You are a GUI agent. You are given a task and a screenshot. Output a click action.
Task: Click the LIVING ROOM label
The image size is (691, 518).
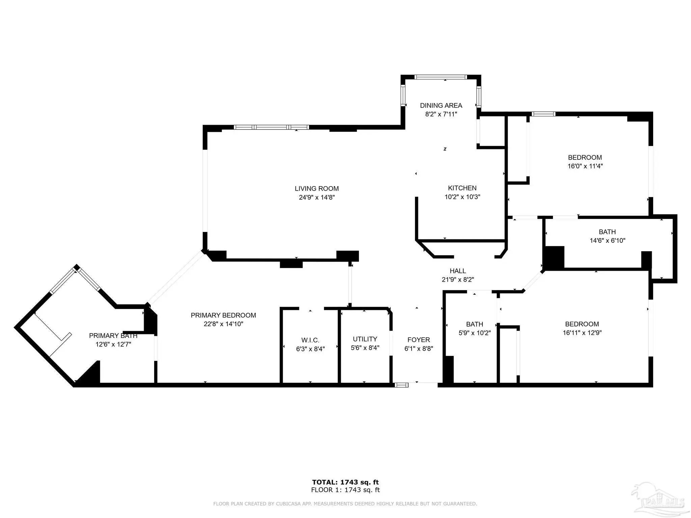click(x=316, y=189)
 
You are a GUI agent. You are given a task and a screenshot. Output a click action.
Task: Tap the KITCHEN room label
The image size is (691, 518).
click(x=462, y=188)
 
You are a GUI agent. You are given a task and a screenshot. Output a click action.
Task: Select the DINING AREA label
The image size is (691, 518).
click(x=441, y=106)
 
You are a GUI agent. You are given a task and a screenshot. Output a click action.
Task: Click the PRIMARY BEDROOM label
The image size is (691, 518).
click(x=223, y=315)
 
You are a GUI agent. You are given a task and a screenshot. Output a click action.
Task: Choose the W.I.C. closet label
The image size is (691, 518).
click(x=310, y=340)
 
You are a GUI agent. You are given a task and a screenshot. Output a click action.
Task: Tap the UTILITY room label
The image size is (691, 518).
click(x=365, y=339)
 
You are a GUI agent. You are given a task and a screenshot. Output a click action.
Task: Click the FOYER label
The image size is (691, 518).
click(x=419, y=340)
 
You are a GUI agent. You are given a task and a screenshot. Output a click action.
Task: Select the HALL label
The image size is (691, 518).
click(x=458, y=271)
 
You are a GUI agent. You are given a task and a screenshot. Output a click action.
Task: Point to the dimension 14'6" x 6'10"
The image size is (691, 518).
click(x=607, y=241)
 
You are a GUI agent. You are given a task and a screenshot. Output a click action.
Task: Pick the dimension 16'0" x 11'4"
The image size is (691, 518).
click(x=585, y=166)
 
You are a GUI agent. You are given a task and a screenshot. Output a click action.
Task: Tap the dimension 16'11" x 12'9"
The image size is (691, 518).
click(x=582, y=333)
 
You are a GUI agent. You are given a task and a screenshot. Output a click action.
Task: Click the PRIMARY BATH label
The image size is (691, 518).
click(x=113, y=336)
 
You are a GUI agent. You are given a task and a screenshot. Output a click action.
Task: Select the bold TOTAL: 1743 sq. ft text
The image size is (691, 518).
click(x=345, y=482)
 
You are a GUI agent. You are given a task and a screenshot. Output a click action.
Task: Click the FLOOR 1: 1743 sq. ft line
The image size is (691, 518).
click(x=345, y=490)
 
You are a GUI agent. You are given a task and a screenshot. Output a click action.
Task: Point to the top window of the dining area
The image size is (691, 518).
click(x=441, y=77)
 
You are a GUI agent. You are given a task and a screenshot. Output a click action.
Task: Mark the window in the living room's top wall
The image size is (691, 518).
click(x=271, y=127)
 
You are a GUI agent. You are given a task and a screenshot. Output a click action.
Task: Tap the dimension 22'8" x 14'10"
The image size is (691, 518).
click(x=223, y=324)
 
